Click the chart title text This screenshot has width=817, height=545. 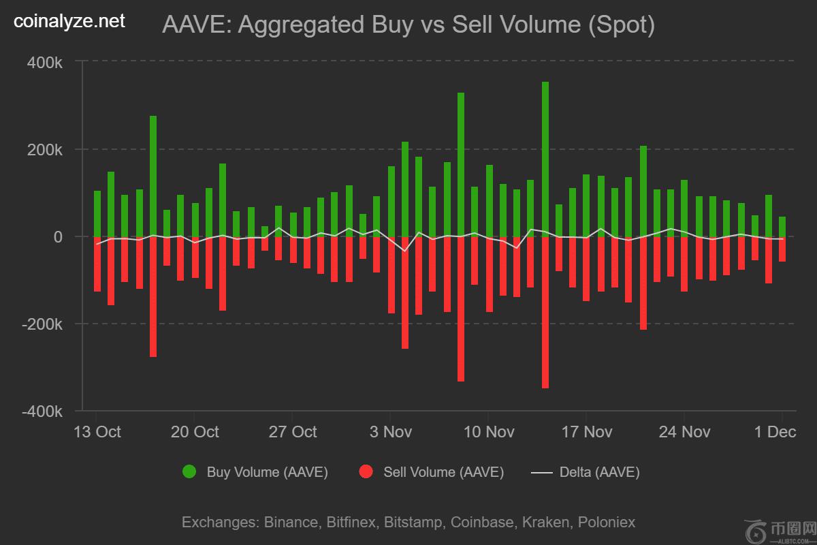[408, 25]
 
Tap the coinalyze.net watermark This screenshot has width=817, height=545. [69, 22]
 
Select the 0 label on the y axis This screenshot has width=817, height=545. [58, 237]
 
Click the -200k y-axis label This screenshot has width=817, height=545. [43, 324]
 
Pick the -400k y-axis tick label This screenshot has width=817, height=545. [43, 411]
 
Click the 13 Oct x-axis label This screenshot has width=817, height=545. [97, 432]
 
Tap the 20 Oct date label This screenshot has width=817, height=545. [195, 432]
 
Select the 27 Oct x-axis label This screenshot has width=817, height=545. [293, 432]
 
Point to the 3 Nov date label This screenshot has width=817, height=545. [390, 432]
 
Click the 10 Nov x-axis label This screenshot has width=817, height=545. [488, 432]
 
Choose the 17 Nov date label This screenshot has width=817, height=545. [586, 432]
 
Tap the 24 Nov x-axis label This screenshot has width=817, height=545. [684, 432]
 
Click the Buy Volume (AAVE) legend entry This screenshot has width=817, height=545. [256, 472]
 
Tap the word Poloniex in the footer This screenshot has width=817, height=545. [606, 523]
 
